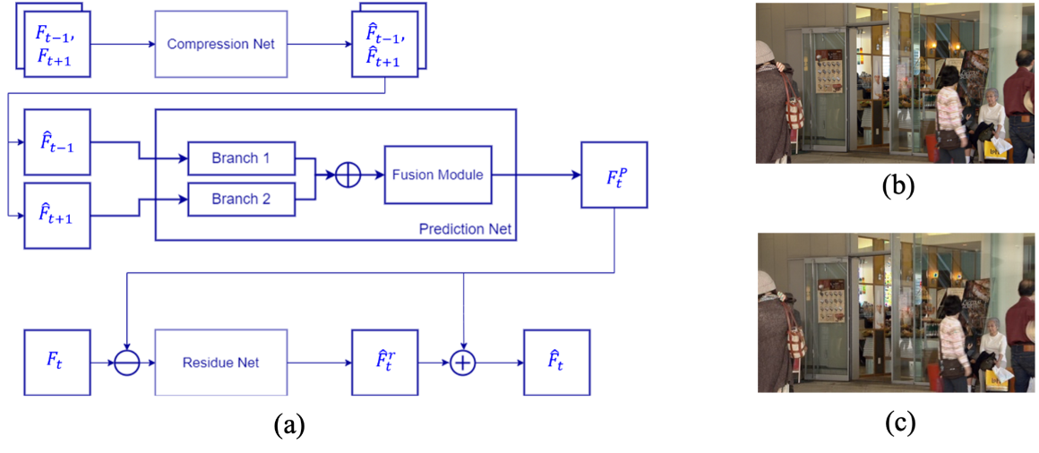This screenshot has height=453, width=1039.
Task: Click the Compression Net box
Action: point(221,44)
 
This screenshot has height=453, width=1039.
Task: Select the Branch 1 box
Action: point(241,158)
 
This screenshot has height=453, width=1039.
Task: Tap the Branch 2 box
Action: point(241,199)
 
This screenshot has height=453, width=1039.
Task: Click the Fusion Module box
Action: point(437,175)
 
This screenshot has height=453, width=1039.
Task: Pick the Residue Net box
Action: point(221,363)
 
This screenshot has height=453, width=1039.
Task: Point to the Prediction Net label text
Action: point(465,229)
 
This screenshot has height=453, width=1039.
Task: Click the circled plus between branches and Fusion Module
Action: point(348,175)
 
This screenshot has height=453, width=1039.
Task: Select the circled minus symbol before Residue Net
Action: point(127,363)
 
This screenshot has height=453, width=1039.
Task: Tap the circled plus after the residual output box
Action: point(462,363)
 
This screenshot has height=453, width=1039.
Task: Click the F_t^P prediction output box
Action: point(614,175)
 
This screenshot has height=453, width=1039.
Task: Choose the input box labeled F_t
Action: point(57,363)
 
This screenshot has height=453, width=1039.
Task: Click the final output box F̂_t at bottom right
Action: point(556,363)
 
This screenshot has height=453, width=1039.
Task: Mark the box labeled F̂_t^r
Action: point(385,363)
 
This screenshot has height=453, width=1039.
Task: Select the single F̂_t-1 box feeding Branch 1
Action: point(57,141)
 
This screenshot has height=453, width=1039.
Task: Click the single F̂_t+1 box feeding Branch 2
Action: point(57,215)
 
